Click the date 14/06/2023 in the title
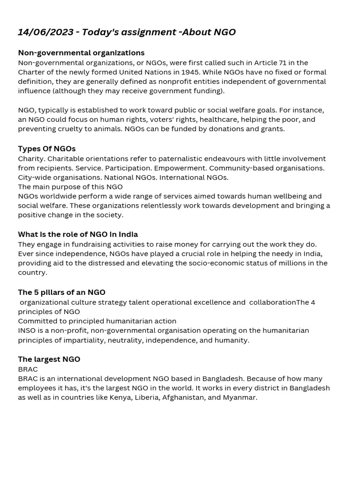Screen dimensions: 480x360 pyautogui.click(x=45, y=32)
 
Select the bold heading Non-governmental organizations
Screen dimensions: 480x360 pyautogui.click(x=81, y=52)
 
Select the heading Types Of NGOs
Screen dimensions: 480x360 pyautogui.click(x=46, y=149)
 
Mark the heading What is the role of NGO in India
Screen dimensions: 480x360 pyautogui.click(x=78, y=234)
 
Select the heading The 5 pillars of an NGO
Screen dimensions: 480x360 pyautogui.click(x=61, y=292)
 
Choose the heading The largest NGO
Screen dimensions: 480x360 pyautogui.click(x=49, y=359)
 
